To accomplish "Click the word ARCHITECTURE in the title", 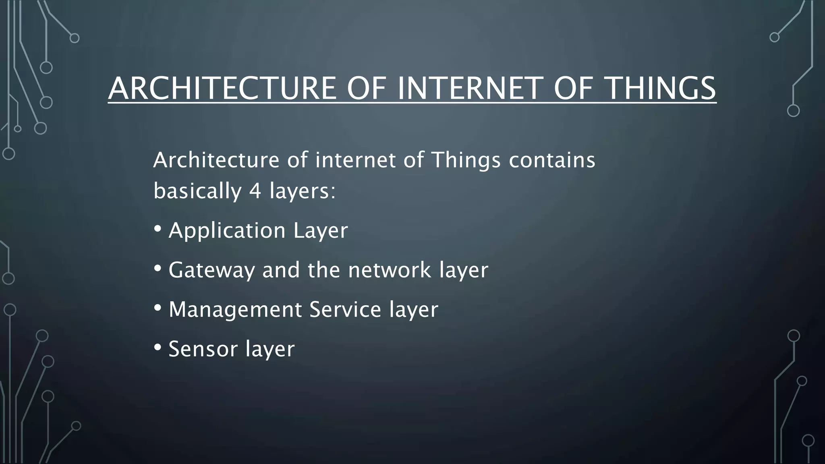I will tap(222, 88).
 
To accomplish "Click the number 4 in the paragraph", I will tap(255, 191).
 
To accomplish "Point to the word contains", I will tap(552, 160).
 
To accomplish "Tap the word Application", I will tap(227, 231).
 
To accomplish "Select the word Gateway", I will tap(211, 270).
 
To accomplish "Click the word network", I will tap(390, 270).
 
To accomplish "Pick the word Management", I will tap(235, 309).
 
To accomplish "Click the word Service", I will tap(345, 309).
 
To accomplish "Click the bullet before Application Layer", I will tap(158, 229).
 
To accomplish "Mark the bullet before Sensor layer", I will tap(158, 347).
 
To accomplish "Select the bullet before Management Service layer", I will tap(158, 308).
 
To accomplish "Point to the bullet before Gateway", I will tap(158, 269).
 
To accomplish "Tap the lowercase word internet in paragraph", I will tap(356, 160).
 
